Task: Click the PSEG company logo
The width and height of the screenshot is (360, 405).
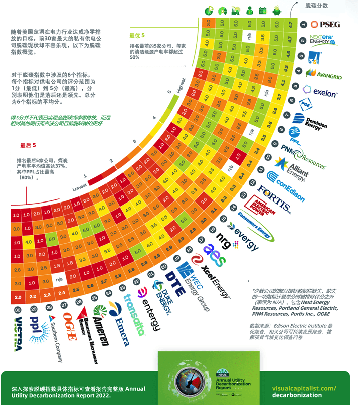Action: (325, 24)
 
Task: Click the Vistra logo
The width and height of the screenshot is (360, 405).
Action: (19, 333)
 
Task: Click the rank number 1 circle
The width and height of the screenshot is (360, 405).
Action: (303, 24)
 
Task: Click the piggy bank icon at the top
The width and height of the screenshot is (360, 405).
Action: (277, 10)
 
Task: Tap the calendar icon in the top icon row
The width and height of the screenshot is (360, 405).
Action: (263, 10)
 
